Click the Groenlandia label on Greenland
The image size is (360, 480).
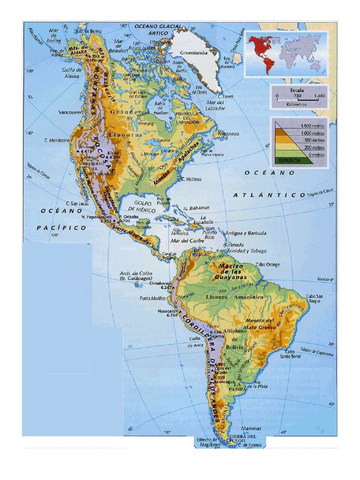tap(195, 53)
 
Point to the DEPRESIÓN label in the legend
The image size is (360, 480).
tap(289, 160)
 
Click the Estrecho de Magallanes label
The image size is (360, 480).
tap(207, 442)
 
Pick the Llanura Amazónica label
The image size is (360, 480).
tap(228, 297)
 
